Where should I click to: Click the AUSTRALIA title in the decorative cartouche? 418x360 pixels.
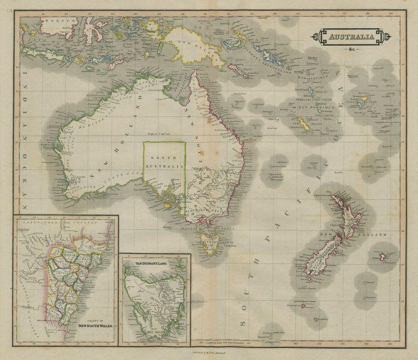click(351, 37)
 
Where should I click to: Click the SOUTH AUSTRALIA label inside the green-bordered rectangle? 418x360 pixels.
click(164, 162)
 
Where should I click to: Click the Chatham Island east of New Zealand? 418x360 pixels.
click(383, 257)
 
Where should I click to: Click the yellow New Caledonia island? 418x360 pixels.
click(303, 124)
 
